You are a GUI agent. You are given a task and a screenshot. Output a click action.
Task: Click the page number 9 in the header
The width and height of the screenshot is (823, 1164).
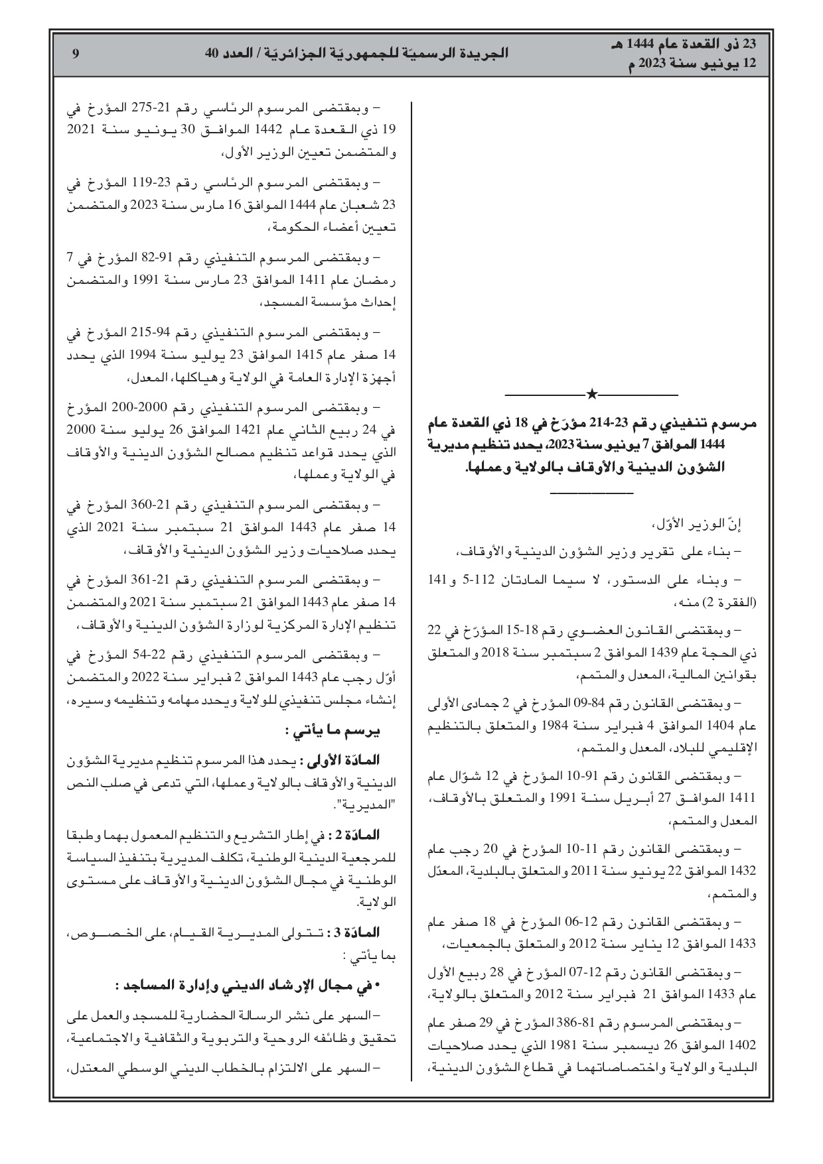(76, 54)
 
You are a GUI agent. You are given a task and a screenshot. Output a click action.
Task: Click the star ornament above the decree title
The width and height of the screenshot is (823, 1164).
(592, 395)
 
